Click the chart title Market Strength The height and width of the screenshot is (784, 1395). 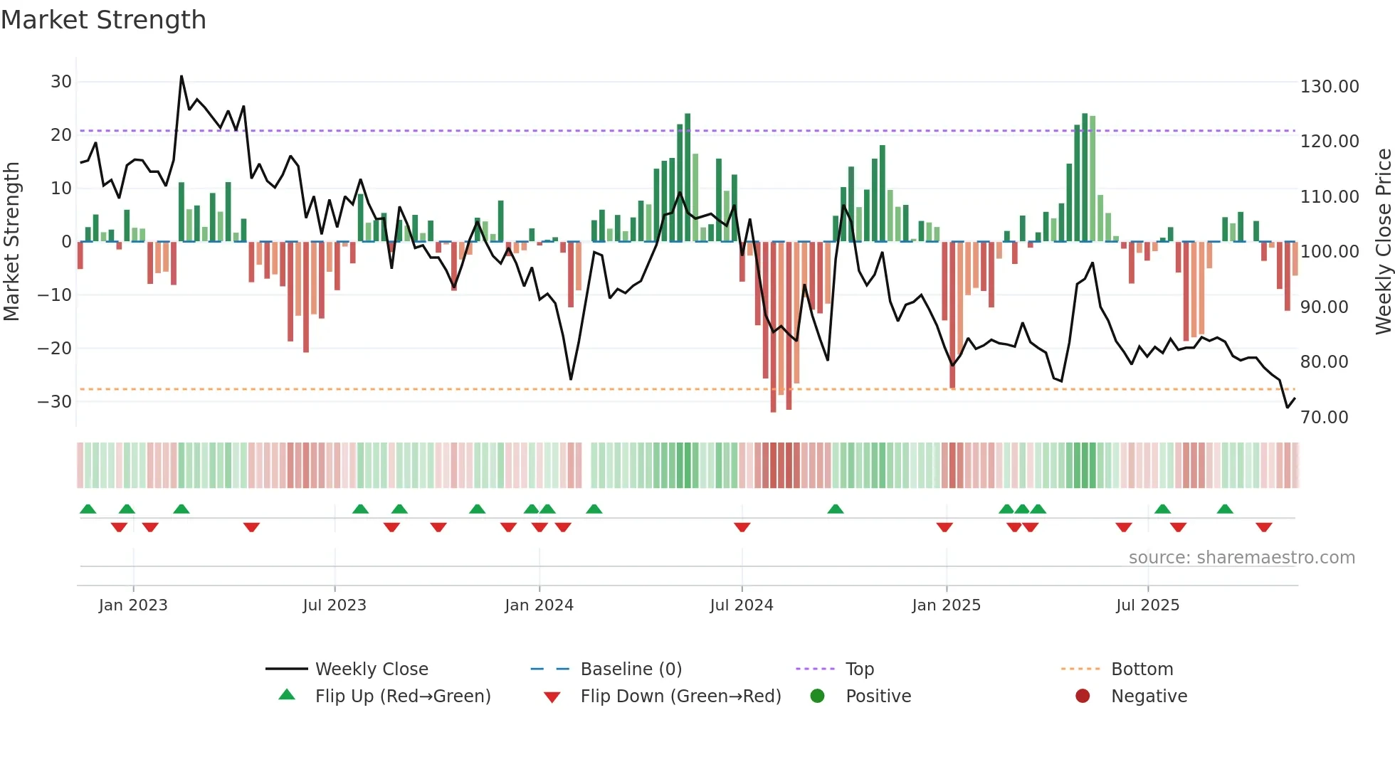[x=103, y=20]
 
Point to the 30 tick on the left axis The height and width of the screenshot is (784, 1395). [x=61, y=82]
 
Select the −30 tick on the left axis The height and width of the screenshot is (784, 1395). [x=56, y=402]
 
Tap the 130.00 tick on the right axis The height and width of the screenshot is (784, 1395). [x=1329, y=87]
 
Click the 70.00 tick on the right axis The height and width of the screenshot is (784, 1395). [x=1324, y=418]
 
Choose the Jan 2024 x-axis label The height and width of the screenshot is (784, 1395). [x=539, y=605]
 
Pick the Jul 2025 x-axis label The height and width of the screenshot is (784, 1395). [x=1147, y=605]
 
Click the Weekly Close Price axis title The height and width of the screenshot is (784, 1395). [x=1383, y=242]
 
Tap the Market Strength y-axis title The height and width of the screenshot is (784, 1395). [x=12, y=242]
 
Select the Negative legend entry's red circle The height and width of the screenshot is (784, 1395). [x=1083, y=696]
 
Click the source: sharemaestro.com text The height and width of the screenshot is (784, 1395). [x=1241, y=558]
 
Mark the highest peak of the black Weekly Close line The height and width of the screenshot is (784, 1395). [x=181, y=76]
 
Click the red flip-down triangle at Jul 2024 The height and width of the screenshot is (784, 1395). [x=742, y=527]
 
